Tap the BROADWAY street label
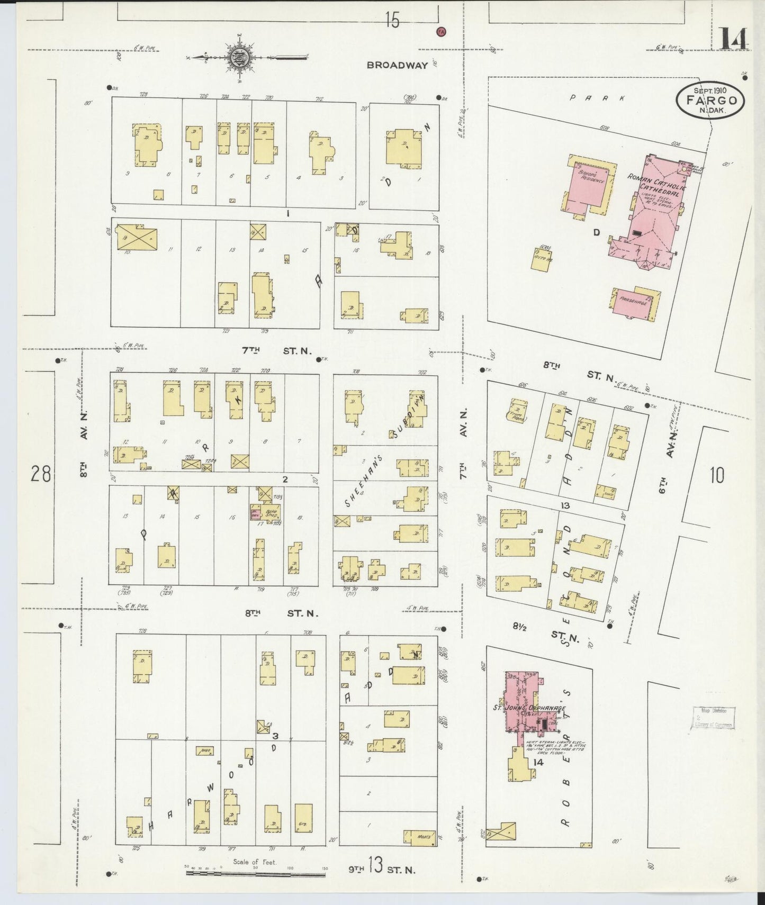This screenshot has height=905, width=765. pyautogui.click(x=397, y=65)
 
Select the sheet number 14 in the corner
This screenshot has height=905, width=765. pyautogui.click(x=734, y=39)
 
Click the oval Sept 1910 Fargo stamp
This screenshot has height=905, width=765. pyautogui.click(x=710, y=100)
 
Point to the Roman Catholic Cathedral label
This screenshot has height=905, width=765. pyautogui.click(x=656, y=185)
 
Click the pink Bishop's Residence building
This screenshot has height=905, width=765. pyautogui.click(x=587, y=186)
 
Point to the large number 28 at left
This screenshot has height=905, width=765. pyautogui.click(x=41, y=474)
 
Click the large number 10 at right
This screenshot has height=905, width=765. pyautogui.click(x=716, y=475)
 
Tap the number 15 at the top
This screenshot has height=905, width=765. pyautogui.click(x=392, y=21)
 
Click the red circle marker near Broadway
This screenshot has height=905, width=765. pyautogui.click(x=440, y=31)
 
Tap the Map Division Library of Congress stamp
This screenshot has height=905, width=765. pyautogui.click(x=713, y=718)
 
